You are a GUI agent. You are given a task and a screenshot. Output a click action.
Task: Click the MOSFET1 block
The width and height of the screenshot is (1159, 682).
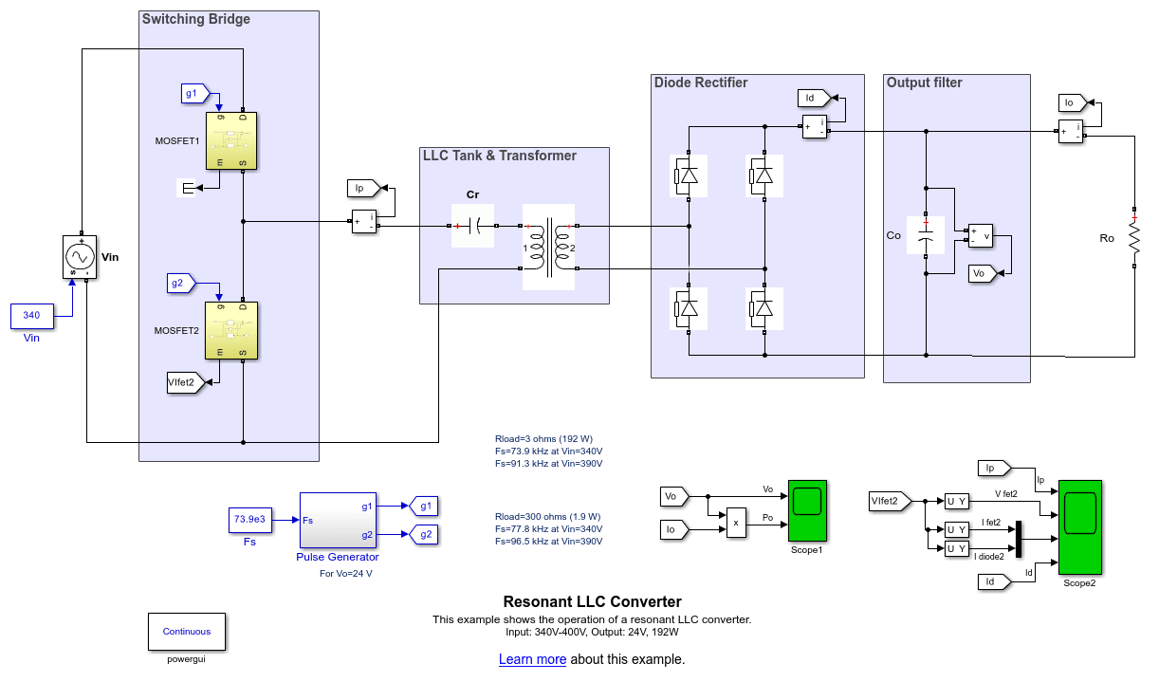pyautogui.click(x=231, y=141)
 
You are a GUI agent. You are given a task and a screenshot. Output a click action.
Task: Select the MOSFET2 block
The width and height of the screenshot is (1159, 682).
pyautogui.click(x=231, y=331)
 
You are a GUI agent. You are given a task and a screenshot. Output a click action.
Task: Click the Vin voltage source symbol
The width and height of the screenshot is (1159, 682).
pyautogui.click(x=80, y=256)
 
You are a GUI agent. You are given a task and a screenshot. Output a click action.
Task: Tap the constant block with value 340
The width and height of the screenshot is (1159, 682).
pyautogui.click(x=31, y=315)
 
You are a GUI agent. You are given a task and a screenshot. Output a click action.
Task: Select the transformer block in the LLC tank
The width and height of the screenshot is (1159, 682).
pyautogui.click(x=549, y=247)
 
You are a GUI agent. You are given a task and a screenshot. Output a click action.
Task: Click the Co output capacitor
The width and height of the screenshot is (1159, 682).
pyautogui.click(x=926, y=235)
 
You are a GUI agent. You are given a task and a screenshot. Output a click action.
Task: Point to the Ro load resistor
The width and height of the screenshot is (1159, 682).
pyautogui.click(x=1133, y=237)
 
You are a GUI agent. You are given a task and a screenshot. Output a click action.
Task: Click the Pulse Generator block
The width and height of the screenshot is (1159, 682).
pyautogui.click(x=338, y=521)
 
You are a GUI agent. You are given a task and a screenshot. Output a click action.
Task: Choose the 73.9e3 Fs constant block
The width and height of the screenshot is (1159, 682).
pyautogui.click(x=249, y=520)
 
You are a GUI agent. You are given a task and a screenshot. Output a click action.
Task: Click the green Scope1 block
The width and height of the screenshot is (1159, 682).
pyautogui.click(x=807, y=511)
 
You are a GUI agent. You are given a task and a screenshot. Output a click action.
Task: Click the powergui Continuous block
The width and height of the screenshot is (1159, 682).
pyautogui.click(x=187, y=631)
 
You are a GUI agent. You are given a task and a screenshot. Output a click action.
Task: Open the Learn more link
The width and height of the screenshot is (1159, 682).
pyautogui.click(x=532, y=659)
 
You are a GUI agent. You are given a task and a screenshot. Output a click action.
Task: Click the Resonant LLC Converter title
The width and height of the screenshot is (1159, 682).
pyautogui.click(x=592, y=601)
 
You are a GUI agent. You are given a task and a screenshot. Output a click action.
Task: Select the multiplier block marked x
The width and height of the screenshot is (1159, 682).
pyautogui.click(x=736, y=521)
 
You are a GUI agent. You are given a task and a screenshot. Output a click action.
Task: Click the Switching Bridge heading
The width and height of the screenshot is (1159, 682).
pyautogui.click(x=195, y=19)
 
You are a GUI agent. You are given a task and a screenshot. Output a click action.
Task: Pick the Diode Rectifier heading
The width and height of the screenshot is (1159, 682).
pyautogui.click(x=701, y=83)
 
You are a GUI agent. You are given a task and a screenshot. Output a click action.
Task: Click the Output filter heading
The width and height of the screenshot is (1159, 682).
pyautogui.click(x=924, y=83)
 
